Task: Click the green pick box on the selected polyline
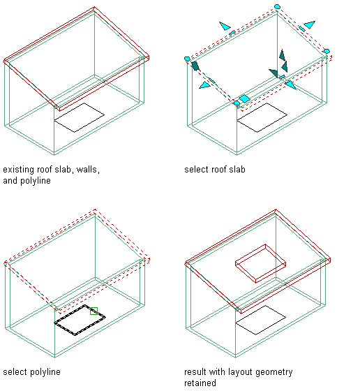93,311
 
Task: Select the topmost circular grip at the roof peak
277,7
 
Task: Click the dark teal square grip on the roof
195,66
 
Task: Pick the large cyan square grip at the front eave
244,98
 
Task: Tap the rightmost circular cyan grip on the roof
327,51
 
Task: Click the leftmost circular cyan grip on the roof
187,59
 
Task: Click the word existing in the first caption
19,170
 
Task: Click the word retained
200,383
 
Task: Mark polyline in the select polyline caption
45,372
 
